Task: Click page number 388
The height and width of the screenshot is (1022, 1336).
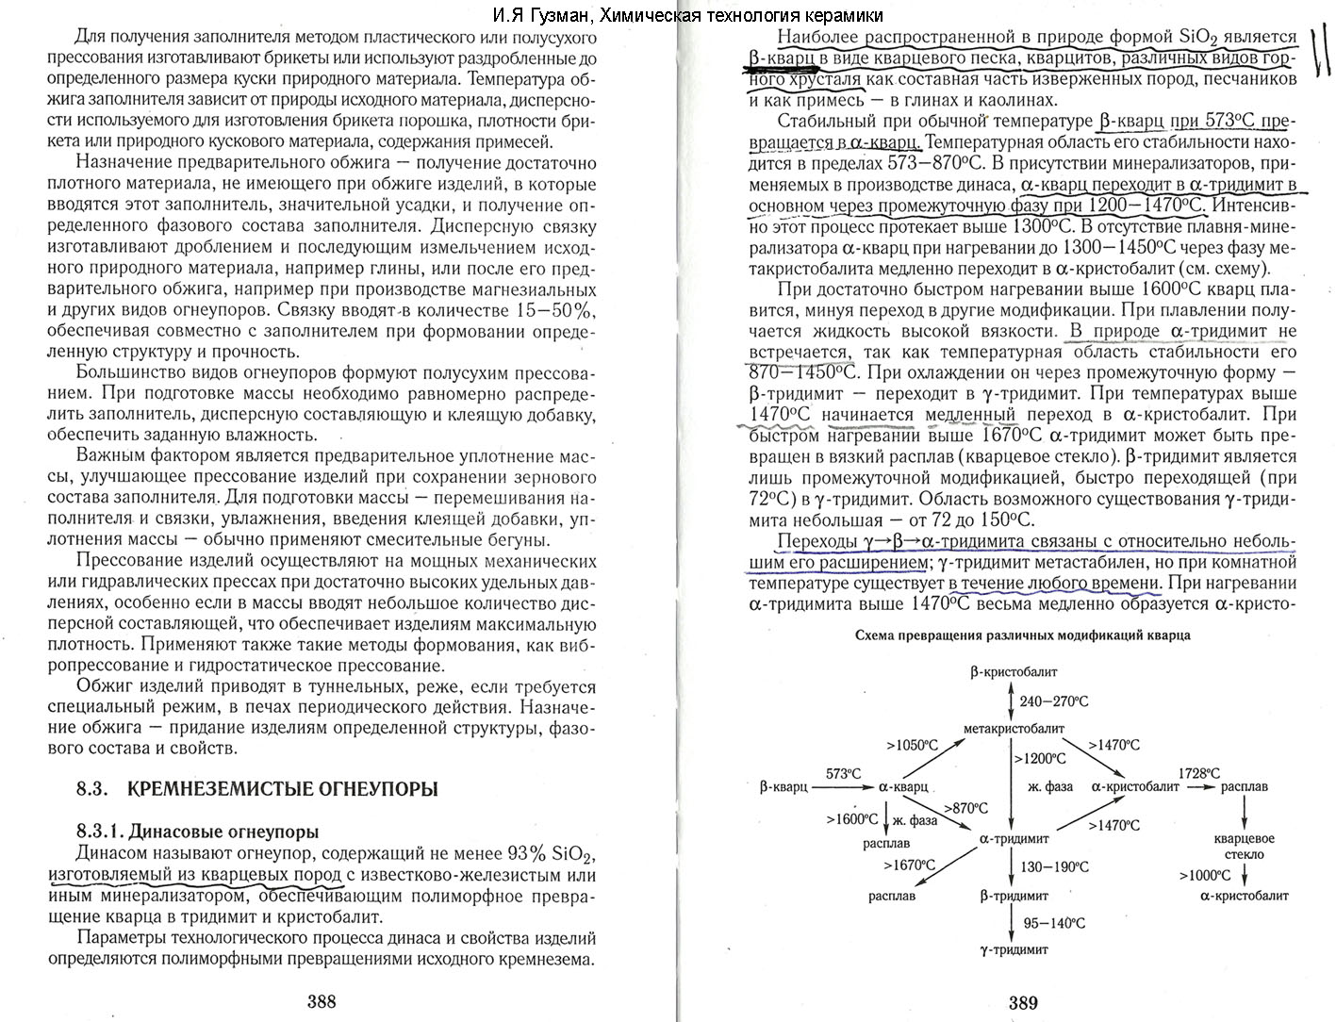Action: point(322,1002)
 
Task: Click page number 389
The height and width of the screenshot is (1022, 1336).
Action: point(1023,1003)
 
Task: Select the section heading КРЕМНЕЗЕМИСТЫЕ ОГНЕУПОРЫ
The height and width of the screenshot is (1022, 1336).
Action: point(282,790)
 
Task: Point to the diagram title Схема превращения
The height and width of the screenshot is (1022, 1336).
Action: point(1022,635)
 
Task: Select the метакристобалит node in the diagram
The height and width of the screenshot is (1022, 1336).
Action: point(1014,729)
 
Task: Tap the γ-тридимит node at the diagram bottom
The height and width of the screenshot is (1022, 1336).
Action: point(1014,949)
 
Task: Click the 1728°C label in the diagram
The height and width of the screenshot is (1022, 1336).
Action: point(1199,773)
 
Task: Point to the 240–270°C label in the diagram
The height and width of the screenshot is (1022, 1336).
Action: point(1053,701)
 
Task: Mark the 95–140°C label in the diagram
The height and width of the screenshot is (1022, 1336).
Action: point(1053,924)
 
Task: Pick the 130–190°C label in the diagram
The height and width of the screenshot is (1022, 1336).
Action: point(1054,867)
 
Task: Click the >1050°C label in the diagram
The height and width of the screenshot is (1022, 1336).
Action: point(912,745)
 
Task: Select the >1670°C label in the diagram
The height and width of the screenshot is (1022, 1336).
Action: point(909,865)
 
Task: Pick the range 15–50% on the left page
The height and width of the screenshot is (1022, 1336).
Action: point(556,311)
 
